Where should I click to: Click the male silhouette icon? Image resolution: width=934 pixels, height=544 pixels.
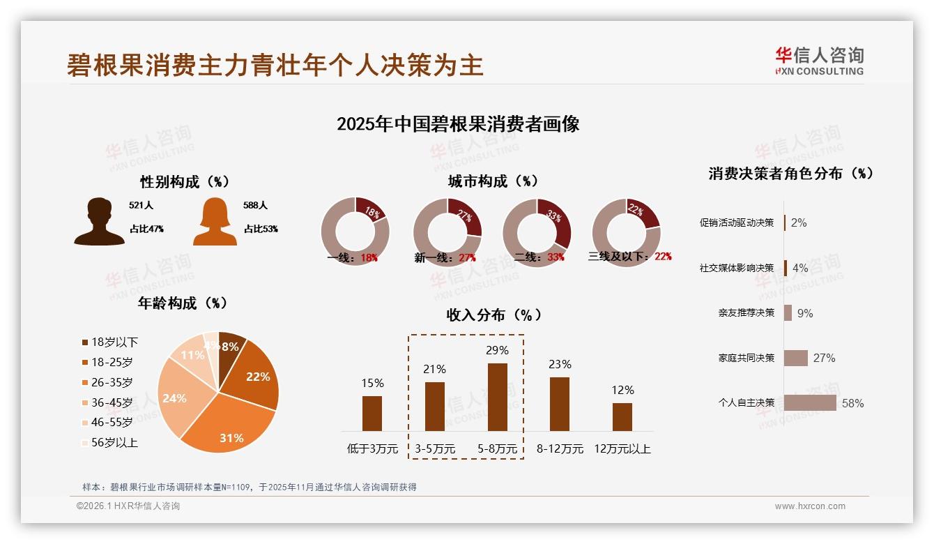[x=99, y=222]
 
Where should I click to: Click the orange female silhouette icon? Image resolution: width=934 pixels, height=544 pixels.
[x=215, y=222]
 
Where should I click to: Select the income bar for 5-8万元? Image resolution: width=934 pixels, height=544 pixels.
[x=497, y=397]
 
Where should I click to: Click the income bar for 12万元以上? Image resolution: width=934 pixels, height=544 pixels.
[x=622, y=416]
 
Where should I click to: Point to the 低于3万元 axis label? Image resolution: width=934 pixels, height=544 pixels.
[x=372, y=448]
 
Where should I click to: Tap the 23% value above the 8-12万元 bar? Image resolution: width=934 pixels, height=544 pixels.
[x=559, y=364]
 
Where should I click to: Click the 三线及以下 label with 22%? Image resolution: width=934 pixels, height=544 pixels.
[x=629, y=256]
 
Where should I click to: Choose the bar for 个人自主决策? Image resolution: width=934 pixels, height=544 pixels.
[x=810, y=402]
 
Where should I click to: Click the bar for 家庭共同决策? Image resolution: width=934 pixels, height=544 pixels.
[x=795, y=358]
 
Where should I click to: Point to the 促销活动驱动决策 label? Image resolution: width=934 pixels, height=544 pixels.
[x=736, y=222]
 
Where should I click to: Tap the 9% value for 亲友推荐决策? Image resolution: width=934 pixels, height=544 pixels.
[x=804, y=313]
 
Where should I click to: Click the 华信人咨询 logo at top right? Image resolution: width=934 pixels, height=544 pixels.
[x=819, y=61]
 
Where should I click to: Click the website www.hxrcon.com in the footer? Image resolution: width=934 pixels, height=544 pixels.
[x=809, y=506]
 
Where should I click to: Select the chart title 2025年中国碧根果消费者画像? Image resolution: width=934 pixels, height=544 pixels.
[x=458, y=124]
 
